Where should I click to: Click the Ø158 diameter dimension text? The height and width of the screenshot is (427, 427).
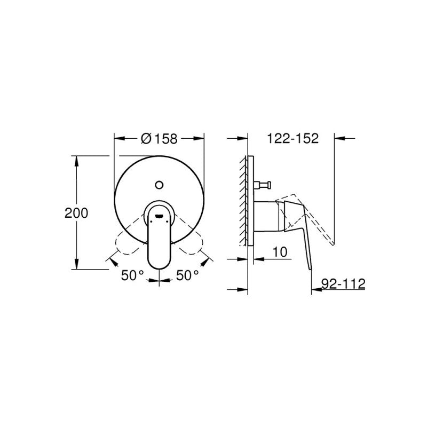point(159,138)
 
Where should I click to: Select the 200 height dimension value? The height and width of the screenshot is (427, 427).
point(76,212)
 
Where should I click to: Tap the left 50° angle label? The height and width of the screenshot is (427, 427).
point(133,275)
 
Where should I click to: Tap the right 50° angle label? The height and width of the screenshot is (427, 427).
point(187,275)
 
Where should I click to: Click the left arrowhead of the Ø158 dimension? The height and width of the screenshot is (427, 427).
point(118,139)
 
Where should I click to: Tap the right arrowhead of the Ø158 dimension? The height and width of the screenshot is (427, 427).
point(201,139)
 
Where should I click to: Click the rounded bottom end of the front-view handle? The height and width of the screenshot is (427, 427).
point(159,264)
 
